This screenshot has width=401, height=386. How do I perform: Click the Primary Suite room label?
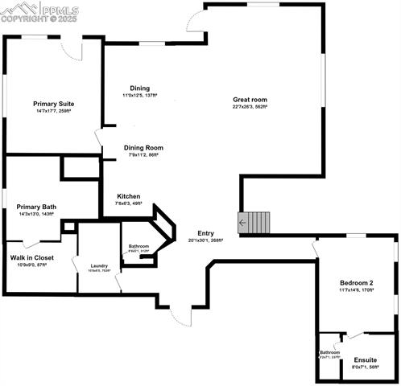[x=54, y=104]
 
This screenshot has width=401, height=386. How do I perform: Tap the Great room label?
[x=250, y=100]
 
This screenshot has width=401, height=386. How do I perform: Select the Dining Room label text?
[x=143, y=148]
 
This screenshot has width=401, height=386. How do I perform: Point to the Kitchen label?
[x=129, y=196]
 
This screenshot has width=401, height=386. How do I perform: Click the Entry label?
[x=205, y=232]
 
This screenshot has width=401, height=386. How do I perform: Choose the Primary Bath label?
[x=35, y=207]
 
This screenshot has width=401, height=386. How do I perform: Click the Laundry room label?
[x=100, y=265]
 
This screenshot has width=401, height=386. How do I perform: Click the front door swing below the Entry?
[x=180, y=313]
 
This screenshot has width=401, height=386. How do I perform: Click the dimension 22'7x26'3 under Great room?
[x=250, y=107]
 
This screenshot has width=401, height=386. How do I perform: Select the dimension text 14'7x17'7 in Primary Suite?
[x=54, y=111]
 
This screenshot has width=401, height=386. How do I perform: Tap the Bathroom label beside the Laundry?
[x=138, y=246]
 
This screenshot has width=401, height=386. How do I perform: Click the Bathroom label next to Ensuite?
[x=329, y=352]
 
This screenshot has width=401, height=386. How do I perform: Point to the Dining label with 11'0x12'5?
[x=139, y=88]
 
